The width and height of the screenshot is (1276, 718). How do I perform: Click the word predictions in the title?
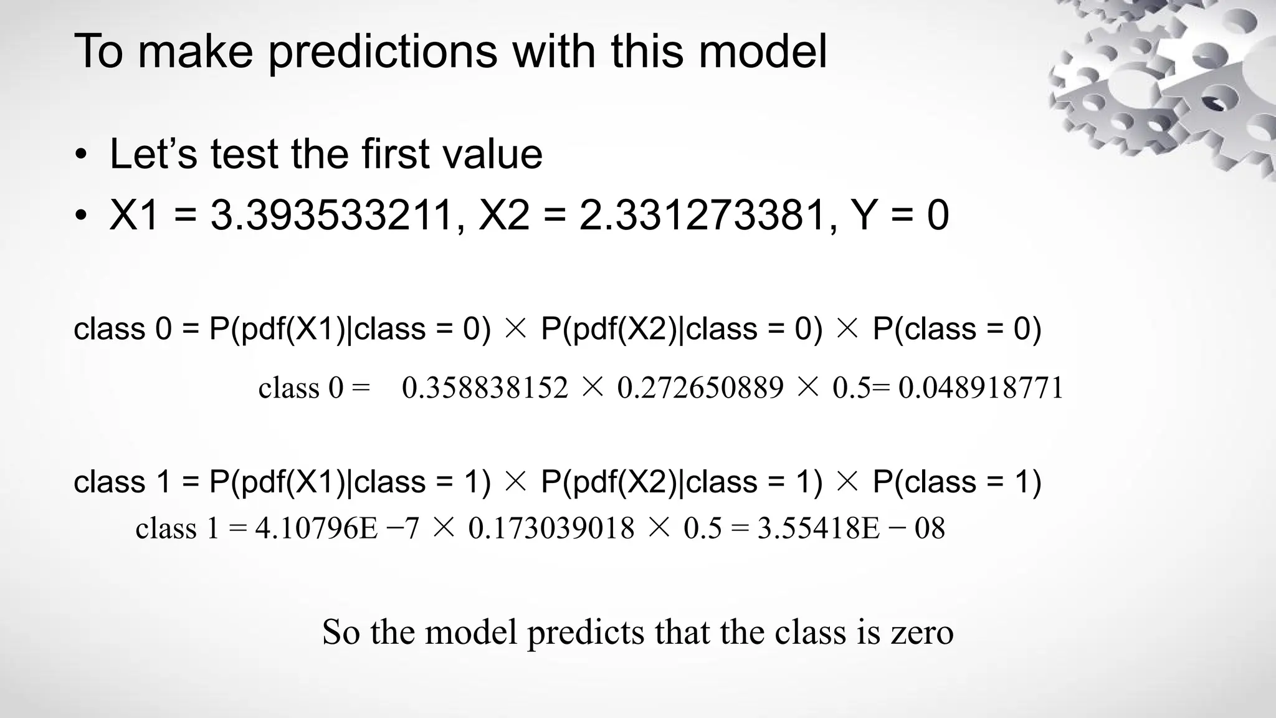[383, 51]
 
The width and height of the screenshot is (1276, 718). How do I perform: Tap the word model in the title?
[763, 51]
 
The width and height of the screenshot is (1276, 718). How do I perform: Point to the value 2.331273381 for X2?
[702, 216]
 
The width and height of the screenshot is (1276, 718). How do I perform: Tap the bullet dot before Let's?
[80, 155]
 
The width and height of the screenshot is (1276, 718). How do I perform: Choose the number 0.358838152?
[485, 388]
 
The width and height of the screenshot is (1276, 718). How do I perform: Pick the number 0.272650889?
[700, 388]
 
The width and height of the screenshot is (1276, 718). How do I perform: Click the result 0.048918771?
[981, 388]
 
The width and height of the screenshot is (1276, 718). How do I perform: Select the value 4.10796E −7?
[337, 529]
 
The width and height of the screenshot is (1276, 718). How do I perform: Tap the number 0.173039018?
[551, 529]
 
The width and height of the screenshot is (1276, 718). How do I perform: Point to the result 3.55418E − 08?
[851, 529]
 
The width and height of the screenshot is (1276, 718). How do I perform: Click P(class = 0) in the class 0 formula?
[956, 328]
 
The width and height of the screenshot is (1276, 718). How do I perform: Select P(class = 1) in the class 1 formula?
[956, 482]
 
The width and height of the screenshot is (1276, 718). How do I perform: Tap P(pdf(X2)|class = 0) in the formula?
[682, 328]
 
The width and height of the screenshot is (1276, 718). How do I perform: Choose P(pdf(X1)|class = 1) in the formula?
[350, 482]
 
